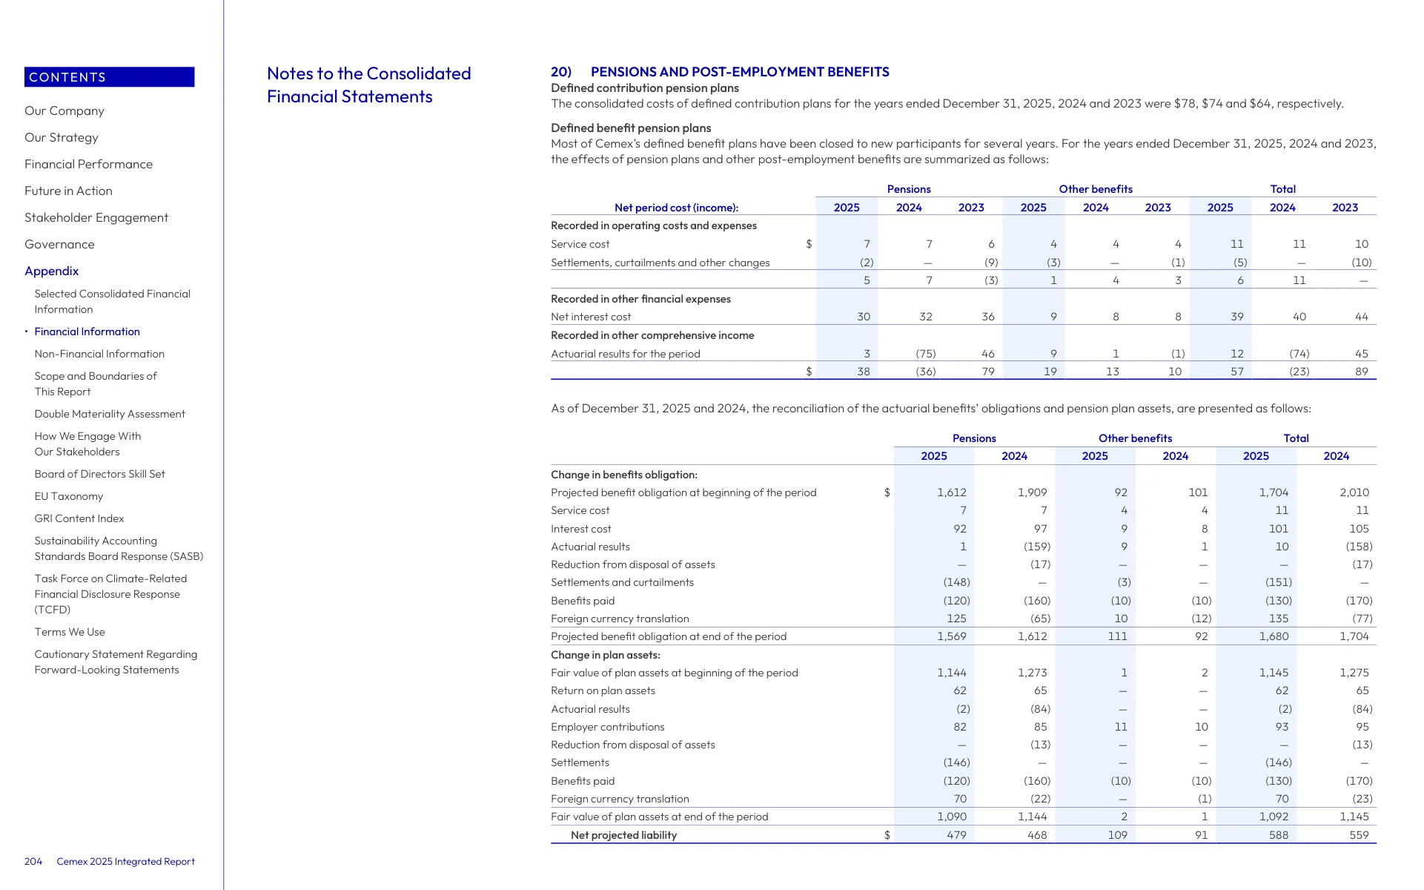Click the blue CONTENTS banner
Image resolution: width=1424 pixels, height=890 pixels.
pyautogui.click(x=110, y=77)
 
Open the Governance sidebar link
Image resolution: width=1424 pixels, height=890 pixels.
pyautogui.click(x=59, y=245)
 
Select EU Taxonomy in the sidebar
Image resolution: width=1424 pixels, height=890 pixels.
pyautogui.click(x=69, y=496)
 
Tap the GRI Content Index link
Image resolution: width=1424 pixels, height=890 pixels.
pyautogui.click(x=79, y=518)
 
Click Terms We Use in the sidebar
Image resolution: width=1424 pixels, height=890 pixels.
pyautogui.click(x=70, y=632)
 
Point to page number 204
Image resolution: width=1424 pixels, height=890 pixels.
pyautogui.click(x=33, y=861)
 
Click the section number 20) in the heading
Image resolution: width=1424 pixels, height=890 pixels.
pyautogui.click(x=561, y=72)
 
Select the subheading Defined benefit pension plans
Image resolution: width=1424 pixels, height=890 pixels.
pyautogui.click(x=631, y=128)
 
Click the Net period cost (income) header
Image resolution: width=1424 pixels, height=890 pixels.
pyautogui.click(x=677, y=208)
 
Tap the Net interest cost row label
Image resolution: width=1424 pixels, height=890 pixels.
pyautogui.click(x=591, y=317)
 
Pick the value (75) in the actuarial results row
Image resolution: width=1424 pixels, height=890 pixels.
pyautogui.click(x=926, y=354)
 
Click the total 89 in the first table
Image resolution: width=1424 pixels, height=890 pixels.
pyautogui.click(x=1362, y=372)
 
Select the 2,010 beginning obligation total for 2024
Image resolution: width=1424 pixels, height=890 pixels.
pyautogui.click(x=1354, y=492)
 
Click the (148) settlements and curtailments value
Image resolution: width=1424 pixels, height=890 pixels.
pyautogui.click(x=956, y=582)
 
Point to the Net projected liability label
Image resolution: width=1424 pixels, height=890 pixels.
pyautogui.click(x=623, y=835)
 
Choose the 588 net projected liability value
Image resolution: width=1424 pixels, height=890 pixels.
pyautogui.click(x=1279, y=835)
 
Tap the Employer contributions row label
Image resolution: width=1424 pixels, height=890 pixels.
pyautogui.click(x=608, y=727)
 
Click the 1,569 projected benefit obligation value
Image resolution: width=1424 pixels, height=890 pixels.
pyautogui.click(x=952, y=636)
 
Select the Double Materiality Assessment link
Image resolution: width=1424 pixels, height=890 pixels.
pyautogui.click(x=110, y=414)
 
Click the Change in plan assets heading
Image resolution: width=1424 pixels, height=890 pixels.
pyautogui.click(x=606, y=655)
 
